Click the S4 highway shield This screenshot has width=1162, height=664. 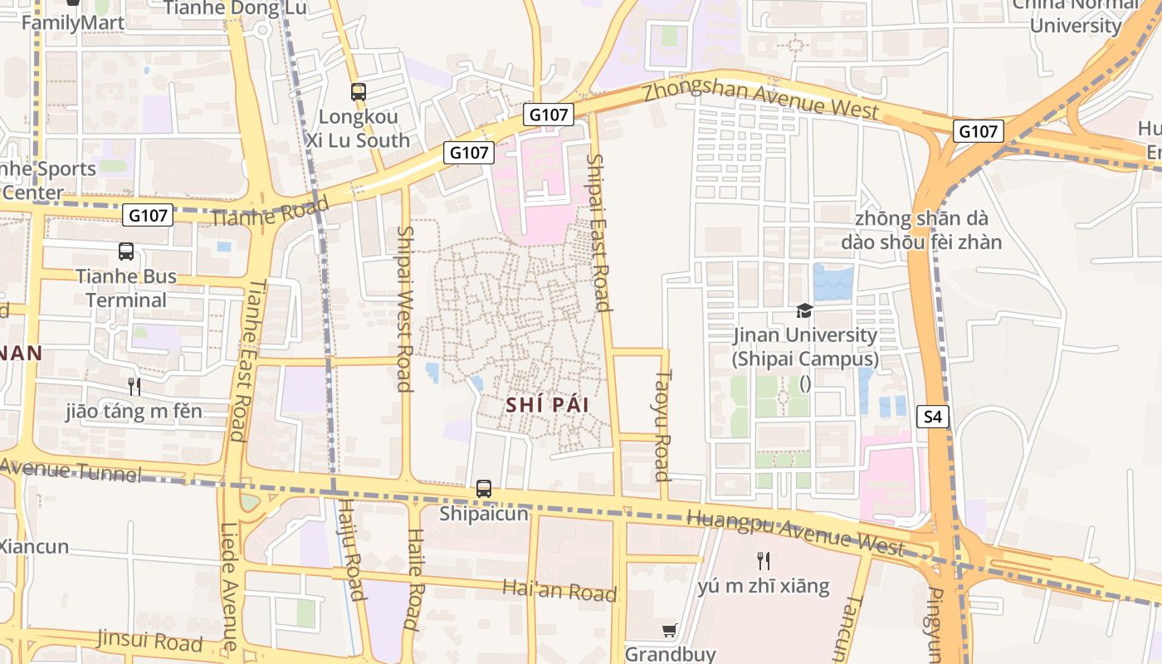(933, 417)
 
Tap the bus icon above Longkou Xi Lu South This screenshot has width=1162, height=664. (359, 92)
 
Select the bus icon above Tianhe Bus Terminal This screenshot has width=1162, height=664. (126, 251)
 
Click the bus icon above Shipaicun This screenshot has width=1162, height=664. (484, 489)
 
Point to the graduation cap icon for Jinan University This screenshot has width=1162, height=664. (804, 310)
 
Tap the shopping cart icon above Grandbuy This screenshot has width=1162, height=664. (670, 630)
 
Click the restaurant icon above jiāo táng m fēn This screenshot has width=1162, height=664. (134, 386)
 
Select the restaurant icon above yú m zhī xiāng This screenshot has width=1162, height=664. (764, 561)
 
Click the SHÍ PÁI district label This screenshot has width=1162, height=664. (547, 405)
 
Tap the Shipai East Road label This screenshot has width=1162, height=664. (598, 232)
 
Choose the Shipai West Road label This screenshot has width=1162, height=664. (405, 308)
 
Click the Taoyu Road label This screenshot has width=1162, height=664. (662, 425)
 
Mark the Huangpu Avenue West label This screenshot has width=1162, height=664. (795, 533)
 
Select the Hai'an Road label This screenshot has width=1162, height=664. (559, 590)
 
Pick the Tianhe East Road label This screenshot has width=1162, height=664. (248, 359)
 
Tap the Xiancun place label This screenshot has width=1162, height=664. (33, 547)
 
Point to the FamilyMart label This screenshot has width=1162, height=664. (73, 22)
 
